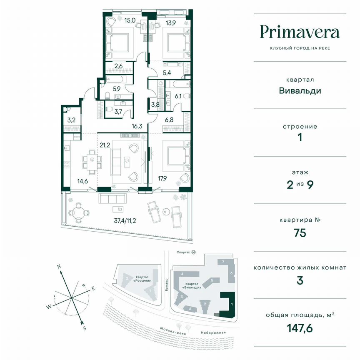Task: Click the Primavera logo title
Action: point(300,32)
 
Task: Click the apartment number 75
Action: point(300,232)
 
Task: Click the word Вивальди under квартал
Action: point(300,91)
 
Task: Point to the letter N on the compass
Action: point(59,266)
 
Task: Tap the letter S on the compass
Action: point(85,328)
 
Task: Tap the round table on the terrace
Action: point(78,212)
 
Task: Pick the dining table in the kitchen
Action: point(92,159)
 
